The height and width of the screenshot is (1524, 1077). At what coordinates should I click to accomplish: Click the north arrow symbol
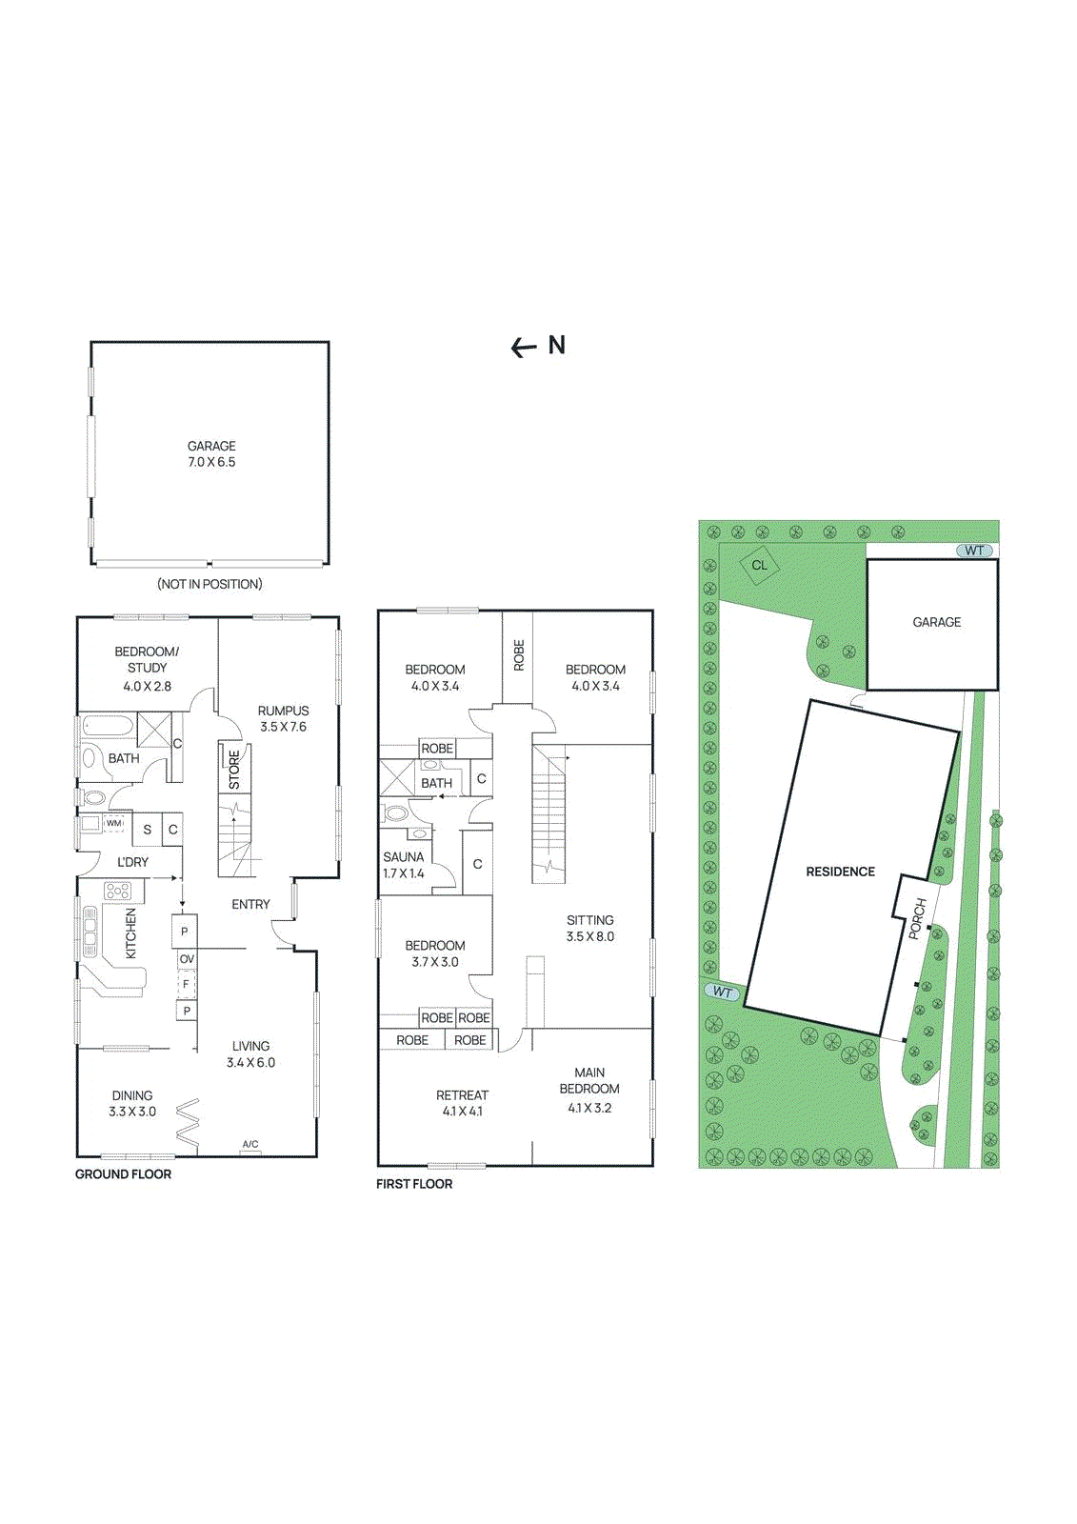click(x=524, y=348)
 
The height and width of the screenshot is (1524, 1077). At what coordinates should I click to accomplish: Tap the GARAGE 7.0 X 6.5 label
click(x=211, y=454)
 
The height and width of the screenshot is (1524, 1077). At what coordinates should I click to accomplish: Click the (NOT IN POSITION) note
click(x=209, y=584)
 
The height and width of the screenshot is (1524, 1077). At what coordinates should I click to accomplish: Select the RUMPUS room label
click(x=283, y=718)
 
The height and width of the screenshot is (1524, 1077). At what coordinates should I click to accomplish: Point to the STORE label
click(x=234, y=770)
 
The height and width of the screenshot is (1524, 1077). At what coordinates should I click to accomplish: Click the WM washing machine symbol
click(x=114, y=823)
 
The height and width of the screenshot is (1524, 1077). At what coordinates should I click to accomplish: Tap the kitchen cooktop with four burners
click(x=118, y=892)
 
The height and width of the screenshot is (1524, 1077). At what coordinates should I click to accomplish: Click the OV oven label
click(x=187, y=959)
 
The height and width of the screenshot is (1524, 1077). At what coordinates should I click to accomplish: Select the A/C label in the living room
click(x=250, y=1145)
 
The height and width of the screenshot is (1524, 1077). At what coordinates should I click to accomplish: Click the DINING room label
click(x=132, y=1103)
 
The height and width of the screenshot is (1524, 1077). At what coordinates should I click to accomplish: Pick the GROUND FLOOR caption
click(x=124, y=1174)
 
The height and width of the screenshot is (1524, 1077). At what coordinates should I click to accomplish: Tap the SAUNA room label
click(x=404, y=865)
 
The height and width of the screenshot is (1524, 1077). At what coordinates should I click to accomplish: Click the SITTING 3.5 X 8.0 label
click(x=590, y=928)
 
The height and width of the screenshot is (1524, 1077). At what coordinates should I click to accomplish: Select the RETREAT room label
click(x=462, y=1103)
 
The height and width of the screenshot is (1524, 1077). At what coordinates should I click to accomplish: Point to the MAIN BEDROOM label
click(x=589, y=1090)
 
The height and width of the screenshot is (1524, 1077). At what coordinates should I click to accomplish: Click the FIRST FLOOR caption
click(x=414, y=1184)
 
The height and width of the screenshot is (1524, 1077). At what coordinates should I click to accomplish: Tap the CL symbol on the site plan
click(x=759, y=565)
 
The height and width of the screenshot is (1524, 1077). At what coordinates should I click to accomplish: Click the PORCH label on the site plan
click(x=917, y=918)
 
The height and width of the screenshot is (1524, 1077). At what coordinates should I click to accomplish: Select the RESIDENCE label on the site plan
click(x=840, y=872)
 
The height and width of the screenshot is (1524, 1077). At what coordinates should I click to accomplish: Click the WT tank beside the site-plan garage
click(x=974, y=551)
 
